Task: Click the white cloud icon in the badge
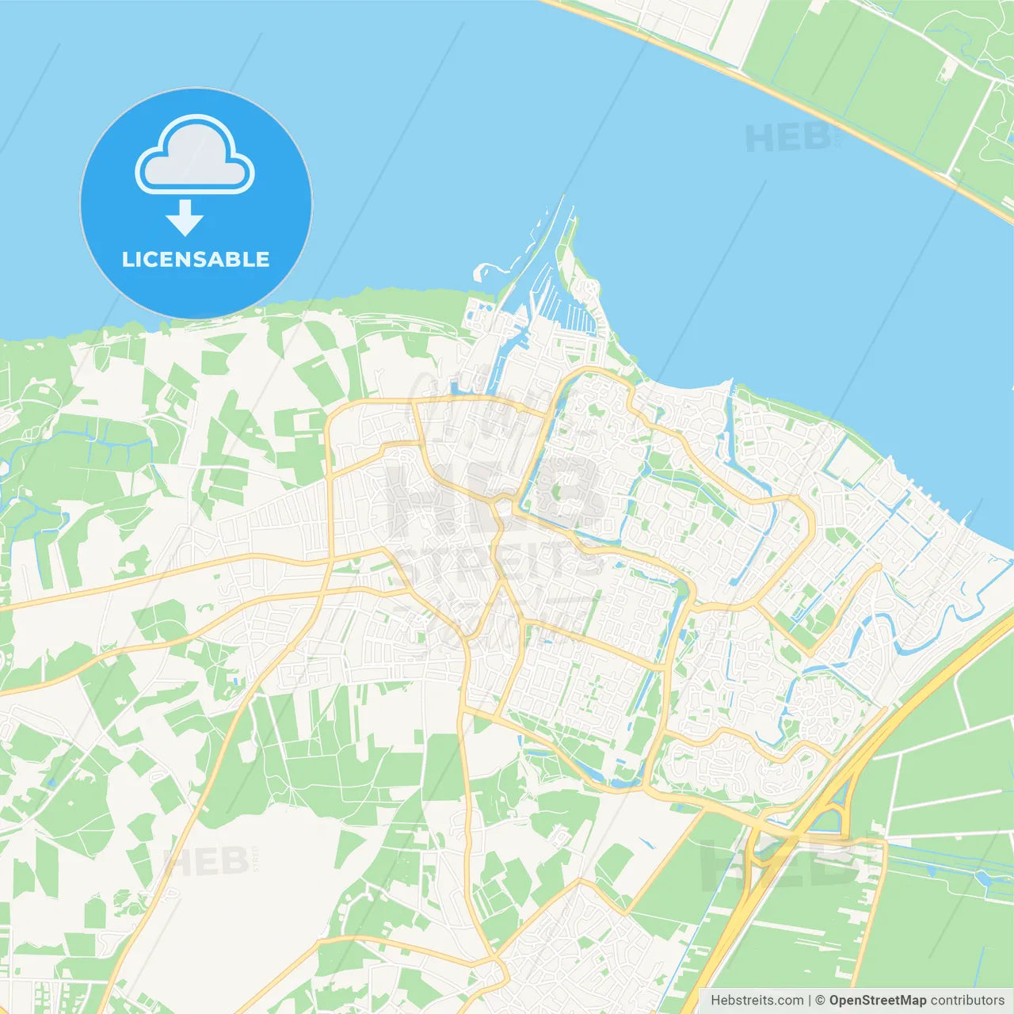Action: [195, 156]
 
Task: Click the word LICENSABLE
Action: [196, 259]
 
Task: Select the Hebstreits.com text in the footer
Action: [757, 1001]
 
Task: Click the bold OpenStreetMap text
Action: [877, 1001]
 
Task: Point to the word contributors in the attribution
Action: [966, 1001]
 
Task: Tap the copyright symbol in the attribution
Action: [820, 1001]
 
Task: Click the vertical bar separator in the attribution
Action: [810, 1001]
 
